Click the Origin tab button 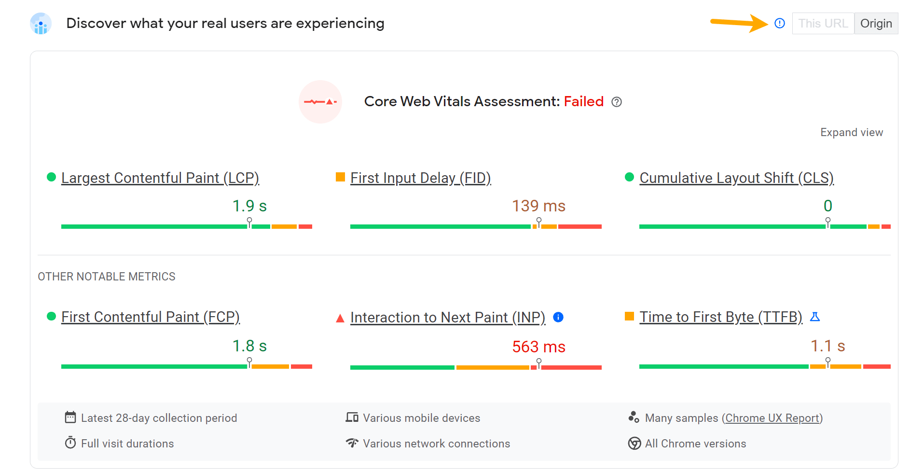(876, 23)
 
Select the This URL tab (823, 23)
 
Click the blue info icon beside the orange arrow (780, 23)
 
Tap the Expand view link (852, 132)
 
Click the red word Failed (583, 101)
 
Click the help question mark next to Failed (617, 102)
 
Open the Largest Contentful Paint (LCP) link (160, 178)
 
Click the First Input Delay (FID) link (420, 178)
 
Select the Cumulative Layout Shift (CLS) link (736, 178)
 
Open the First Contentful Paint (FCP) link (151, 317)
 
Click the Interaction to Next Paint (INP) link (448, 318)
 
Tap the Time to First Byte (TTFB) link (721, 317)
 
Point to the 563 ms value (538, 347)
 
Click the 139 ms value (538, 206)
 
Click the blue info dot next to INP (558, 317)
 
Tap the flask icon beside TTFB (815, 317)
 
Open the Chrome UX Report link (772, 418)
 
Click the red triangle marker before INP (340, 318)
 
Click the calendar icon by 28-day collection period (70, 417)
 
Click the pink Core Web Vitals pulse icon (320, 102)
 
